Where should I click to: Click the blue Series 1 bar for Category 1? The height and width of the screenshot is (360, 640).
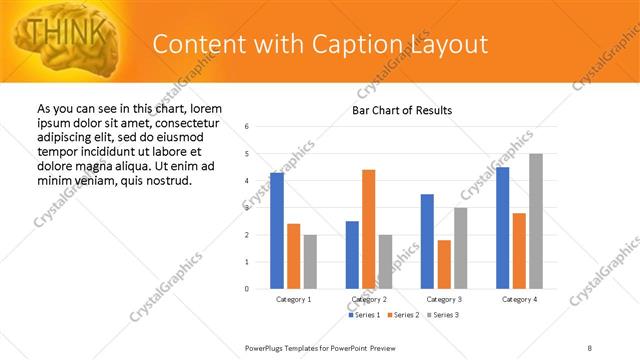coord(277,230)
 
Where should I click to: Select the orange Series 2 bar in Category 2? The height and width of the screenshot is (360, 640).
coord(368,229)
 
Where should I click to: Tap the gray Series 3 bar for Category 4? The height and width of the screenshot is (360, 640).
coord(536,221)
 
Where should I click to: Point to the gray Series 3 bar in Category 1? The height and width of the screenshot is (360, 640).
coord(310,261)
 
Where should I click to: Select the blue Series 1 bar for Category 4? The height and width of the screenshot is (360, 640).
coord(502,227)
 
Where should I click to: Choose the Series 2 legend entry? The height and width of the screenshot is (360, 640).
coord(404,315)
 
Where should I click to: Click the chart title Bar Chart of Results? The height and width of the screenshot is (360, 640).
coord(402,110)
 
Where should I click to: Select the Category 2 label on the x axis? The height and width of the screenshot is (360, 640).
coord(369,299)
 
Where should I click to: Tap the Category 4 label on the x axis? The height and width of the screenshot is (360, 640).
coord(520,299)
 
